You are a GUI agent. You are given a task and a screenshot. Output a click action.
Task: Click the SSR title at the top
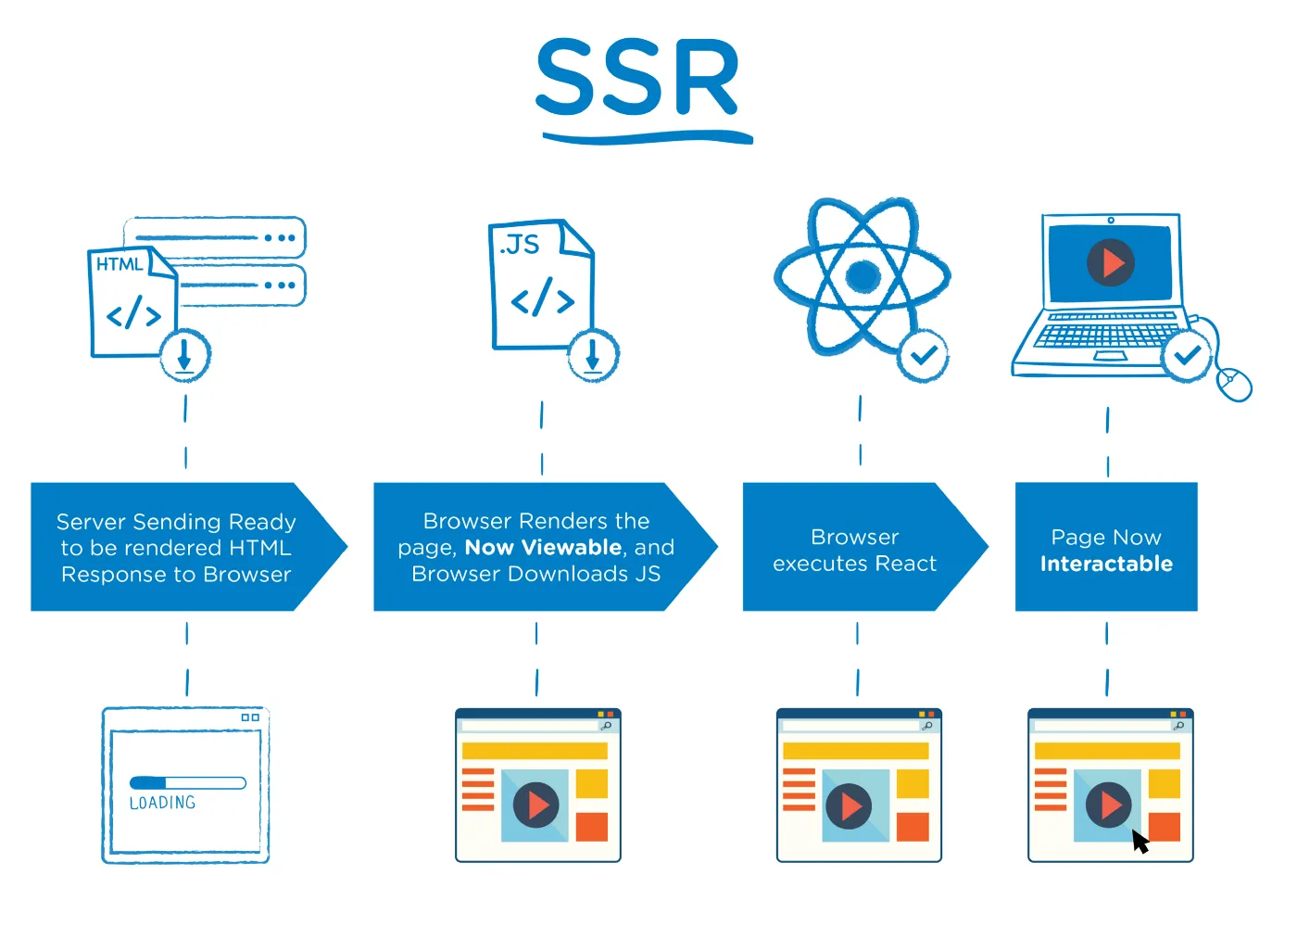click(638, 80)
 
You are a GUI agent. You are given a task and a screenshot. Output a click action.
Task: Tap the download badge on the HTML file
click(185, 355)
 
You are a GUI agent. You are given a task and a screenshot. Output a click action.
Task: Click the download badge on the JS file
click(593, 355)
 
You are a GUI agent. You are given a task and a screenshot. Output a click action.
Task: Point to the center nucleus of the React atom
click(863, 275)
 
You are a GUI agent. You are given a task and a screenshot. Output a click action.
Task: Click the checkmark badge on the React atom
click(923, 355)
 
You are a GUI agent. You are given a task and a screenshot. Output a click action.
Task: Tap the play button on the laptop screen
click(1111, 263)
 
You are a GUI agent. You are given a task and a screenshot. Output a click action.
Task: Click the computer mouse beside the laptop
click(1233, 383)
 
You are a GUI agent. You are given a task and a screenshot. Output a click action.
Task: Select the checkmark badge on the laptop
click(1187, 355)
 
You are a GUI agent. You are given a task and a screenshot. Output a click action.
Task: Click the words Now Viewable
click(543, 548)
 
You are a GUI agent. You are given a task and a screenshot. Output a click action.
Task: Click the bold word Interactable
click(1106, 564)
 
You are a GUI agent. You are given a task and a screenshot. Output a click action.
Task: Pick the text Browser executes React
click(854, 551)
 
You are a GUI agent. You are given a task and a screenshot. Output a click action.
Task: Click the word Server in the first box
click(91, 522)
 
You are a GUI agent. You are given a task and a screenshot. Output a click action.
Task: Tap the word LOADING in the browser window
click(163, 803)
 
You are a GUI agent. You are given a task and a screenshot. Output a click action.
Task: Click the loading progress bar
click(187, 782)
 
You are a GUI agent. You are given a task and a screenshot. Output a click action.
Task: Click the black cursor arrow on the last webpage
click(1140, 841)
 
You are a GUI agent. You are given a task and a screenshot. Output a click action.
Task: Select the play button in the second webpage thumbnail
click(536, 805)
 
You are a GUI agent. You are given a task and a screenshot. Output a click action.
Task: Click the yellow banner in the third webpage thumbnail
click(855, 751)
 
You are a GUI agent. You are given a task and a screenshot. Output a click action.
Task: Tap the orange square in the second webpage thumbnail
click(591, 827)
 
